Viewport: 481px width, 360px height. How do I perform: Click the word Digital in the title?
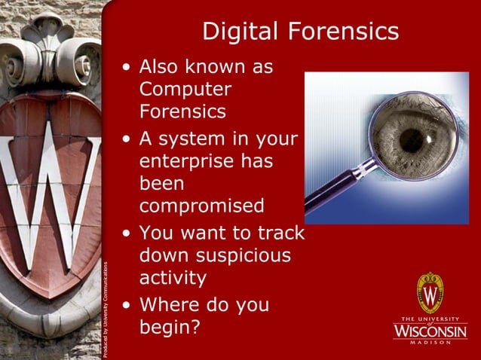click(x=238, y=32)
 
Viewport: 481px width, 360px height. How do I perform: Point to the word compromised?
click(x=201, y=206)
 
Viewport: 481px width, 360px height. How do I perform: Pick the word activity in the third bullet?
click(x=173, y=278)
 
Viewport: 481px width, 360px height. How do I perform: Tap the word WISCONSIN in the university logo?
click(x=430, y=330)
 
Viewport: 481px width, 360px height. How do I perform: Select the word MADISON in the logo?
click(x=430, y=343)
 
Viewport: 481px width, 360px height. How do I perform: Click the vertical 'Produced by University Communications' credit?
click(x=107, y=309)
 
